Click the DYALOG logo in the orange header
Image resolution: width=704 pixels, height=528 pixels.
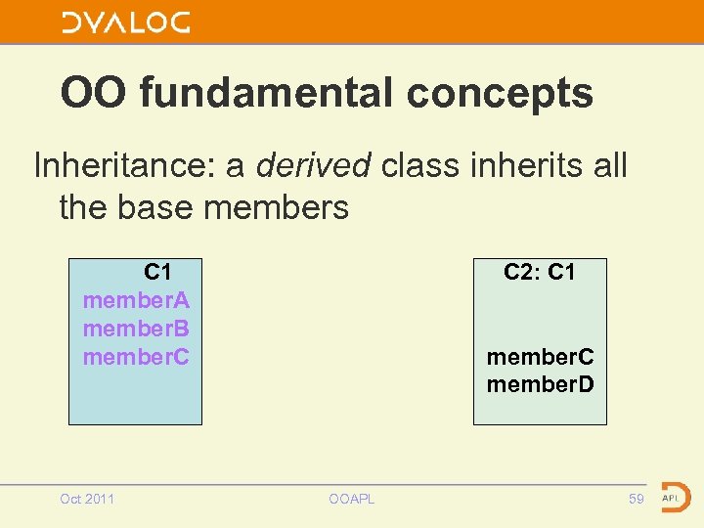pyautogui.click(x=126, y=22)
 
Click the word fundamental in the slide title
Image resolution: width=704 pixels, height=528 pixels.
pyautogui.click(x=270, y=94)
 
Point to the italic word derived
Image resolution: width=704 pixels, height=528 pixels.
pyautogui.click(x=313, y=165)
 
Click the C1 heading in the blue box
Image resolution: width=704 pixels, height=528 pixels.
pyautogui.click(x=158, y=271)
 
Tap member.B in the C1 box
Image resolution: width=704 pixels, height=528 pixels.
pyautogui.click(x=136, y=328)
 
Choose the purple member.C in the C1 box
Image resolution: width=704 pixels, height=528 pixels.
pyautogui.click(x=136, y=357)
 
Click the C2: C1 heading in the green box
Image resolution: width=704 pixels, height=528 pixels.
pyautogui.click(x=540, y=272)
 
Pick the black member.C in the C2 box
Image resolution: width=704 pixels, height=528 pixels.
pyautogui.click(x=540, y=357)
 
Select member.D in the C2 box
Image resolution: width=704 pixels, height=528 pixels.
pyautogui.click(x=540, y=384)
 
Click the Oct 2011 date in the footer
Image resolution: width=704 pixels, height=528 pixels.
pyautogui.click(x=87, y=500)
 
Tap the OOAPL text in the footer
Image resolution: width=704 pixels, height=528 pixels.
pyautogui.click(x=352, y=500)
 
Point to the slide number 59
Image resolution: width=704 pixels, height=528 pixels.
pyautogui.click(x=637, y=500)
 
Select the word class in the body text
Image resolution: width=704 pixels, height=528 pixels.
pyautogui.click(x=419, y=165)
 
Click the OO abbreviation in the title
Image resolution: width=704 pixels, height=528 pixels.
pyautogui.click(x=95, y=94)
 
